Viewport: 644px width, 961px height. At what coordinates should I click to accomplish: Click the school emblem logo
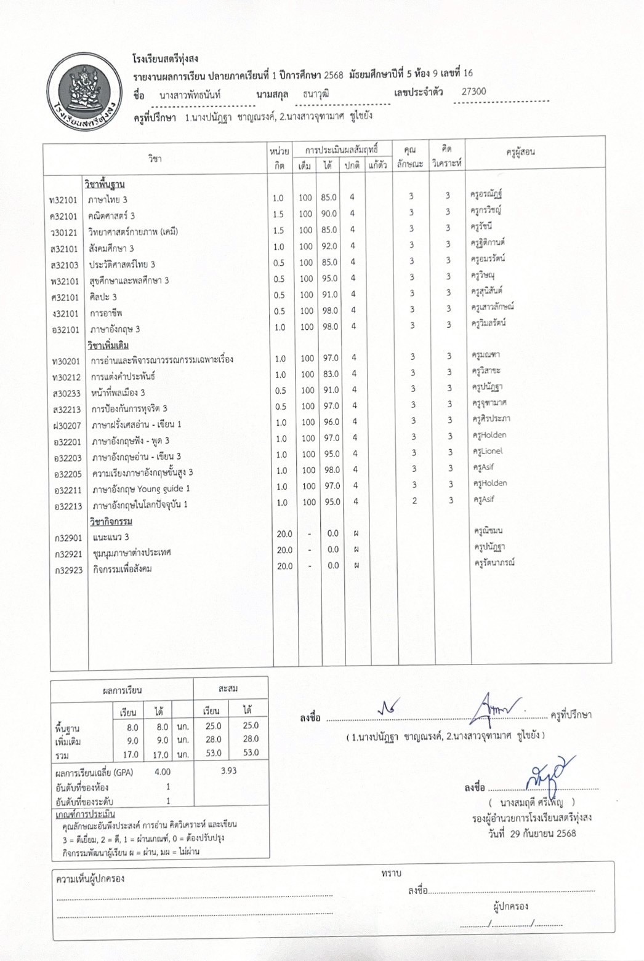(85, 90)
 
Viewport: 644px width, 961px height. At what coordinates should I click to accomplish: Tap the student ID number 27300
(473, 92)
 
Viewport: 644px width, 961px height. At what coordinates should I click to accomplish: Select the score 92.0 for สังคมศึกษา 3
(329, 246)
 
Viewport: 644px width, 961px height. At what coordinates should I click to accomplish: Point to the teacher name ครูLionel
(488, 451)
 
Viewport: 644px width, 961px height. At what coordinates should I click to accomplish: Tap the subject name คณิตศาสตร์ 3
(111, 216)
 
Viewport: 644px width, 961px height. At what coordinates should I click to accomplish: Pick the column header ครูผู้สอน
(520, 151)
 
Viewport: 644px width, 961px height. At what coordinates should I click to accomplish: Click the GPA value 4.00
(163, 772)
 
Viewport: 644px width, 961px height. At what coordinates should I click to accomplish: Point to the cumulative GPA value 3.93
(228, 770)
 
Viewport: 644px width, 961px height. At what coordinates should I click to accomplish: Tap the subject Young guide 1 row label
(141, 488)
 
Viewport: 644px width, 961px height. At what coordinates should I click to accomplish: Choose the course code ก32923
(68, 570)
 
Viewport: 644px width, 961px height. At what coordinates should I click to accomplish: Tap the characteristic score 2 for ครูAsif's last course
(414, 501)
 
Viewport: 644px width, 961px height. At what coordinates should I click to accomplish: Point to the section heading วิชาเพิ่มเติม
(108, 345)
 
